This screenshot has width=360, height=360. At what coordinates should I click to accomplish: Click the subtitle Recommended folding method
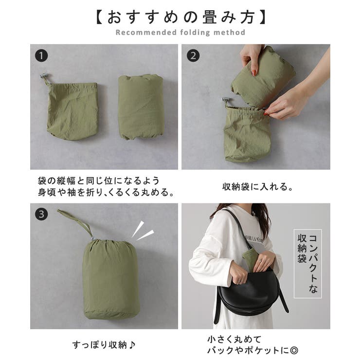click(180, 33)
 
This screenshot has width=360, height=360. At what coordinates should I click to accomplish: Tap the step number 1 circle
click(41, 55)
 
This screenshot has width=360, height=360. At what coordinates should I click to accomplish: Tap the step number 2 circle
click(193, 55)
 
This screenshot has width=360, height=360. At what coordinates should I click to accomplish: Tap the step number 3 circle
click(41, 214)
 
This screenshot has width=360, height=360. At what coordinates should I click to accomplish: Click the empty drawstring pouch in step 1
click(72, 110)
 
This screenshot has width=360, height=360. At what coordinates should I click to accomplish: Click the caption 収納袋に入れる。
click(255, 186)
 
